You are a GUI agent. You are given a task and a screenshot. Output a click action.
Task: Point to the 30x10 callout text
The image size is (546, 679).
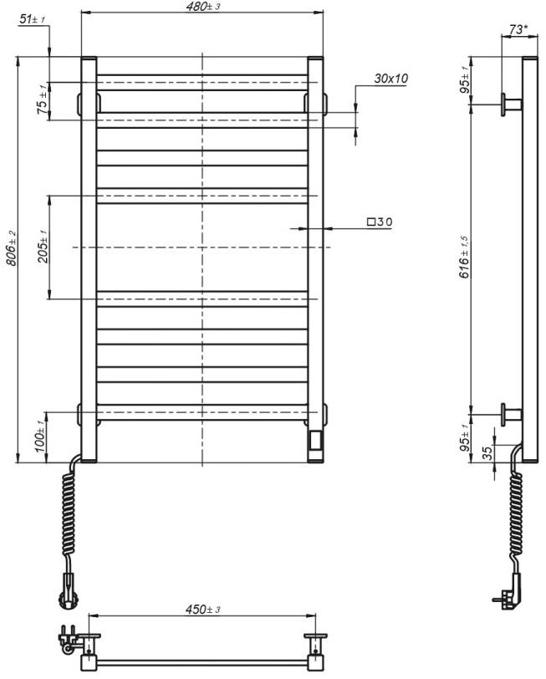(x=390, y=79)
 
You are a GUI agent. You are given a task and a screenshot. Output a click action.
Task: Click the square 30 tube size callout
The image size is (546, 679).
(x=379, y=222)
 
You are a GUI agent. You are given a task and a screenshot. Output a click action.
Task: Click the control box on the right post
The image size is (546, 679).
(x=315, y=440)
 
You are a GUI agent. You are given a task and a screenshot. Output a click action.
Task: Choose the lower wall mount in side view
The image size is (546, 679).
(x=510, y=412)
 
